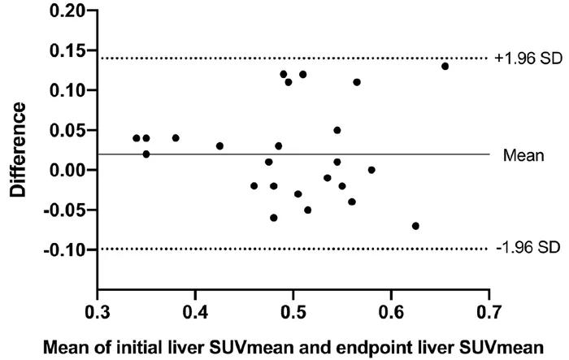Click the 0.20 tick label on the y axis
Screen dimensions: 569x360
(67, 11)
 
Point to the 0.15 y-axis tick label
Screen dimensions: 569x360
(67, 50)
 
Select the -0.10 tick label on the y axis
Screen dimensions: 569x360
(64, 249)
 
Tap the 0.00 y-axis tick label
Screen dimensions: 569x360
(67, 170)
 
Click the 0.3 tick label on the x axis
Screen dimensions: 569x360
(98, 312)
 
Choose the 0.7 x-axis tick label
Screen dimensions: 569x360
(489, 312)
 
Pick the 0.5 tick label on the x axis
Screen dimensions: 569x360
(293, 312)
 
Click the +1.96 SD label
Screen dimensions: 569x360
(528, 59)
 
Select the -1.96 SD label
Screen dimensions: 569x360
(528, 248)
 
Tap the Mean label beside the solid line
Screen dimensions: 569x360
(523, 155)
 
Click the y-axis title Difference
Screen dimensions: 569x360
(18, 150)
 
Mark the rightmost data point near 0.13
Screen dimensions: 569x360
(445, 67)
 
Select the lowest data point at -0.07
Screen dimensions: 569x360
(415, 226)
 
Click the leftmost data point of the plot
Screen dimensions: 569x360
(137, 138)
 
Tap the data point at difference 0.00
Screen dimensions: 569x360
(371, 170)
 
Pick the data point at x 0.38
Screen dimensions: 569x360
(176, 138)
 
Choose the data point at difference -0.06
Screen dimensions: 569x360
(274, 218)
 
